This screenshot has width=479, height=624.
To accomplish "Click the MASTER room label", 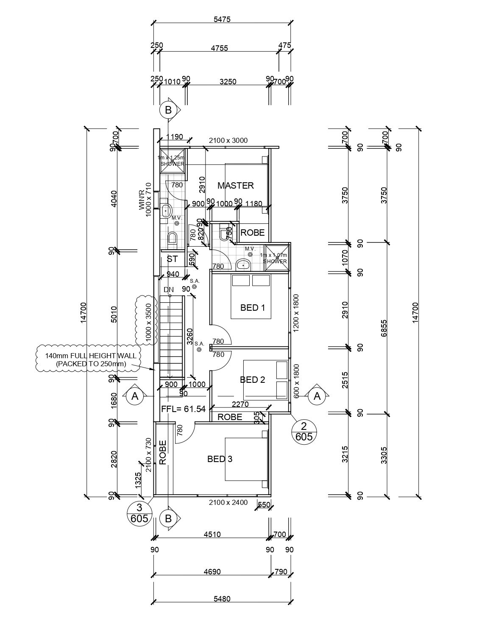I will [x=235, y=185].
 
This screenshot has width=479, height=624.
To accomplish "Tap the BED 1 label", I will [x=252, y=307].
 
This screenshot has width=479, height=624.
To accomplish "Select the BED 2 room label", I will [x=252, y=379].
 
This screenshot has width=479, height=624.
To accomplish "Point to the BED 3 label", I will [x=220, y=459].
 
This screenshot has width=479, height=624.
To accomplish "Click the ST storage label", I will [x=172, y=259].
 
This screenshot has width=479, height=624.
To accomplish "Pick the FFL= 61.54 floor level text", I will [x=184, y=409].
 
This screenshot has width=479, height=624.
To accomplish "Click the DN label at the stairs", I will [x=169, y=290].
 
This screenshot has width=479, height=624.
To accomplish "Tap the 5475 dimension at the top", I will [x=222, y=19].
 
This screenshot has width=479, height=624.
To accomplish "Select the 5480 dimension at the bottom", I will [x=222, y=599].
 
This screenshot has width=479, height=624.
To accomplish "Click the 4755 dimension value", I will [x=219, y=48].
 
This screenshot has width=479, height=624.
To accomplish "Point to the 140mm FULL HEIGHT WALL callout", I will [x=91, y=359].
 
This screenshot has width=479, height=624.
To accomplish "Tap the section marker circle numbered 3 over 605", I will [x=139, y=513].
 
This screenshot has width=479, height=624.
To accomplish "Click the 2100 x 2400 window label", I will [x=228, y=503].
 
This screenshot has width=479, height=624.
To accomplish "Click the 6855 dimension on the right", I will [x=384, y=329].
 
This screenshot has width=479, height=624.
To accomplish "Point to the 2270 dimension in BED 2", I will [x=240, y=404].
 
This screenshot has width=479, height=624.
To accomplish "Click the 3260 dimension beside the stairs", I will [x=190, y=336].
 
